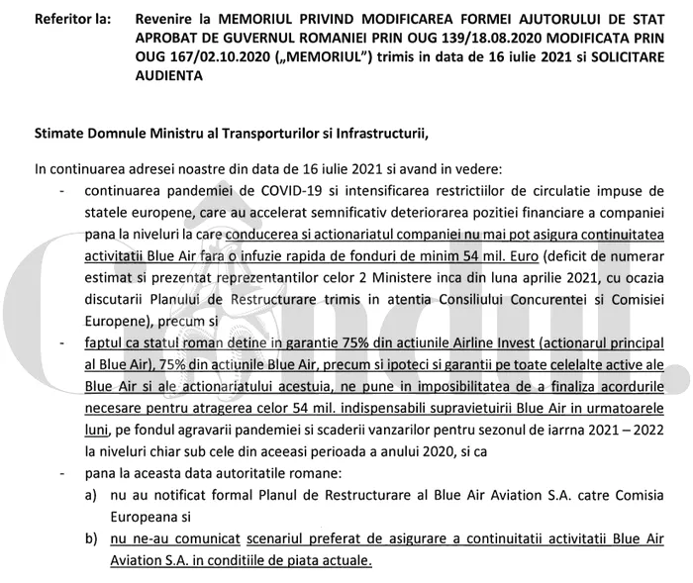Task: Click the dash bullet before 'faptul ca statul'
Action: pos(63,342)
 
